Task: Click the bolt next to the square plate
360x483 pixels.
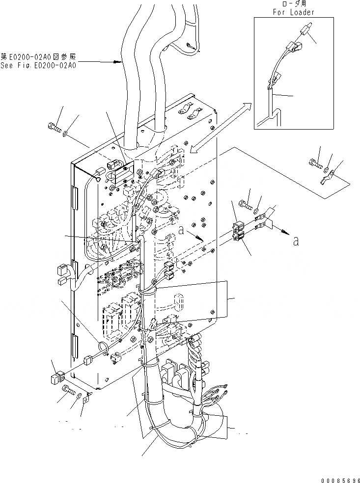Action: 68,390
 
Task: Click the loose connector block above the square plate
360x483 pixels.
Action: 57,378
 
